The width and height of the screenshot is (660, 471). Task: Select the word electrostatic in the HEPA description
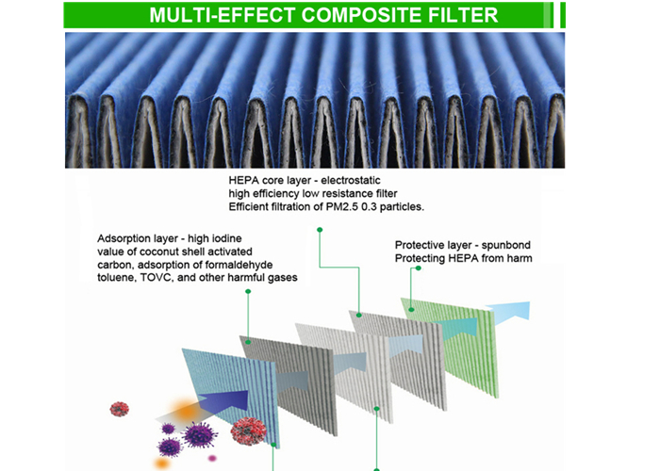point(351,181)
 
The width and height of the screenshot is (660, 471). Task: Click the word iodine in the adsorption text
point(226,238)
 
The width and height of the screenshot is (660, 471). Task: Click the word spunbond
point(506,245)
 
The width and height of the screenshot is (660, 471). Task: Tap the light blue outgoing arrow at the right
point(508,313)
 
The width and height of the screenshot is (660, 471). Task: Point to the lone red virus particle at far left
point(120,409)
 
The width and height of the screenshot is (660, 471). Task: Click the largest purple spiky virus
point(200,434)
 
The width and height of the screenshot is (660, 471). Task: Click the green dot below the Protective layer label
point(418,268)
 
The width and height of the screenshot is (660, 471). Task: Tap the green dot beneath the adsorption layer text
point(248,291)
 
